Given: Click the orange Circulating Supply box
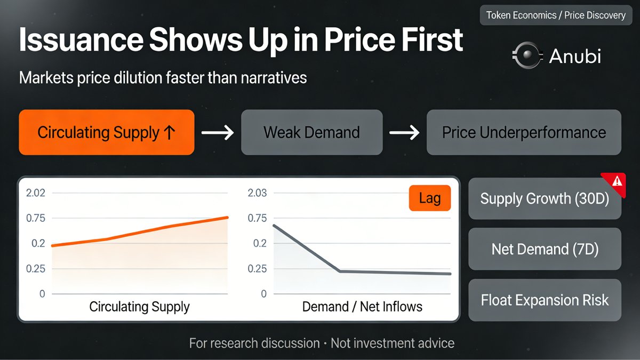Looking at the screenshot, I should coord(106,132).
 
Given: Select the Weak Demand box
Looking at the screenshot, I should coord(311,132).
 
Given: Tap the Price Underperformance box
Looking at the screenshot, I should coord(524,132).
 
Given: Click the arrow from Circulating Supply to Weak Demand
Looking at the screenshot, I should coord(218,133).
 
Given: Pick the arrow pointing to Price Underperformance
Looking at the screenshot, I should coord(404,133).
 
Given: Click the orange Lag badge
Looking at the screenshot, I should coord(429,199).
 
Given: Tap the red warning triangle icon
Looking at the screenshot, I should coord(617,181).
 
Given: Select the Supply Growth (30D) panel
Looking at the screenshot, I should coord(544,198).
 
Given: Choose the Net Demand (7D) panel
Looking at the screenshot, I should coord(544,249).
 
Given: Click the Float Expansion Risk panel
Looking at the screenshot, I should coord(544,300).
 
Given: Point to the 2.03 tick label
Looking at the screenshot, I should coord(257,193).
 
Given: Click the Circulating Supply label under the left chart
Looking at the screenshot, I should coord(139,307).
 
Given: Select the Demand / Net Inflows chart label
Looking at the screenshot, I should coord(362,307).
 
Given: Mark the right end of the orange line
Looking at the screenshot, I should coord(228,217).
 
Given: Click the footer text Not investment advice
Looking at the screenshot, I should coord(393,342).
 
